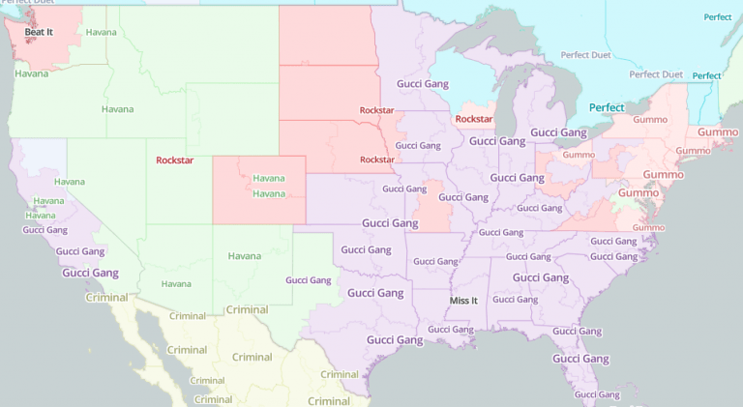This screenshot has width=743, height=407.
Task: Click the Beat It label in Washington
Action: click(40, 32)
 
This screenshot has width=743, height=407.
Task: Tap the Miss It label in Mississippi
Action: click(464, 301)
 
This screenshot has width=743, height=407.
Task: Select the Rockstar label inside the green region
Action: click(174, 160)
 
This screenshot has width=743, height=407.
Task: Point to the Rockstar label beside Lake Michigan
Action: click(474, 119)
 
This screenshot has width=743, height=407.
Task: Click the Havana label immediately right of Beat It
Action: click(101, 32)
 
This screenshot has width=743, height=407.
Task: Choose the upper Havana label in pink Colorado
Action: click(269, 178)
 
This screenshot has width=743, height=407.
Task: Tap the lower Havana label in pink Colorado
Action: click(269, 193)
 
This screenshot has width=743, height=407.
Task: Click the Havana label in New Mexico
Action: click(245, 256)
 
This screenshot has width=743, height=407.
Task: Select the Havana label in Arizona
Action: click(176, 283)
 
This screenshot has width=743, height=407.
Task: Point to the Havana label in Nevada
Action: click(70, 182)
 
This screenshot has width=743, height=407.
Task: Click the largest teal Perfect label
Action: click(607, 107)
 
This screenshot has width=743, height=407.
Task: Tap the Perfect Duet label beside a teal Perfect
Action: click(657, 74)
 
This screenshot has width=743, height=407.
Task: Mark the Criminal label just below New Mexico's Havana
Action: click(246, 309)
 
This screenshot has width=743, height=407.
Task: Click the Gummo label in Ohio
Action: click(579, 154)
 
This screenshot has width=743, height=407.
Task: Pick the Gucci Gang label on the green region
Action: click(309, 279)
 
